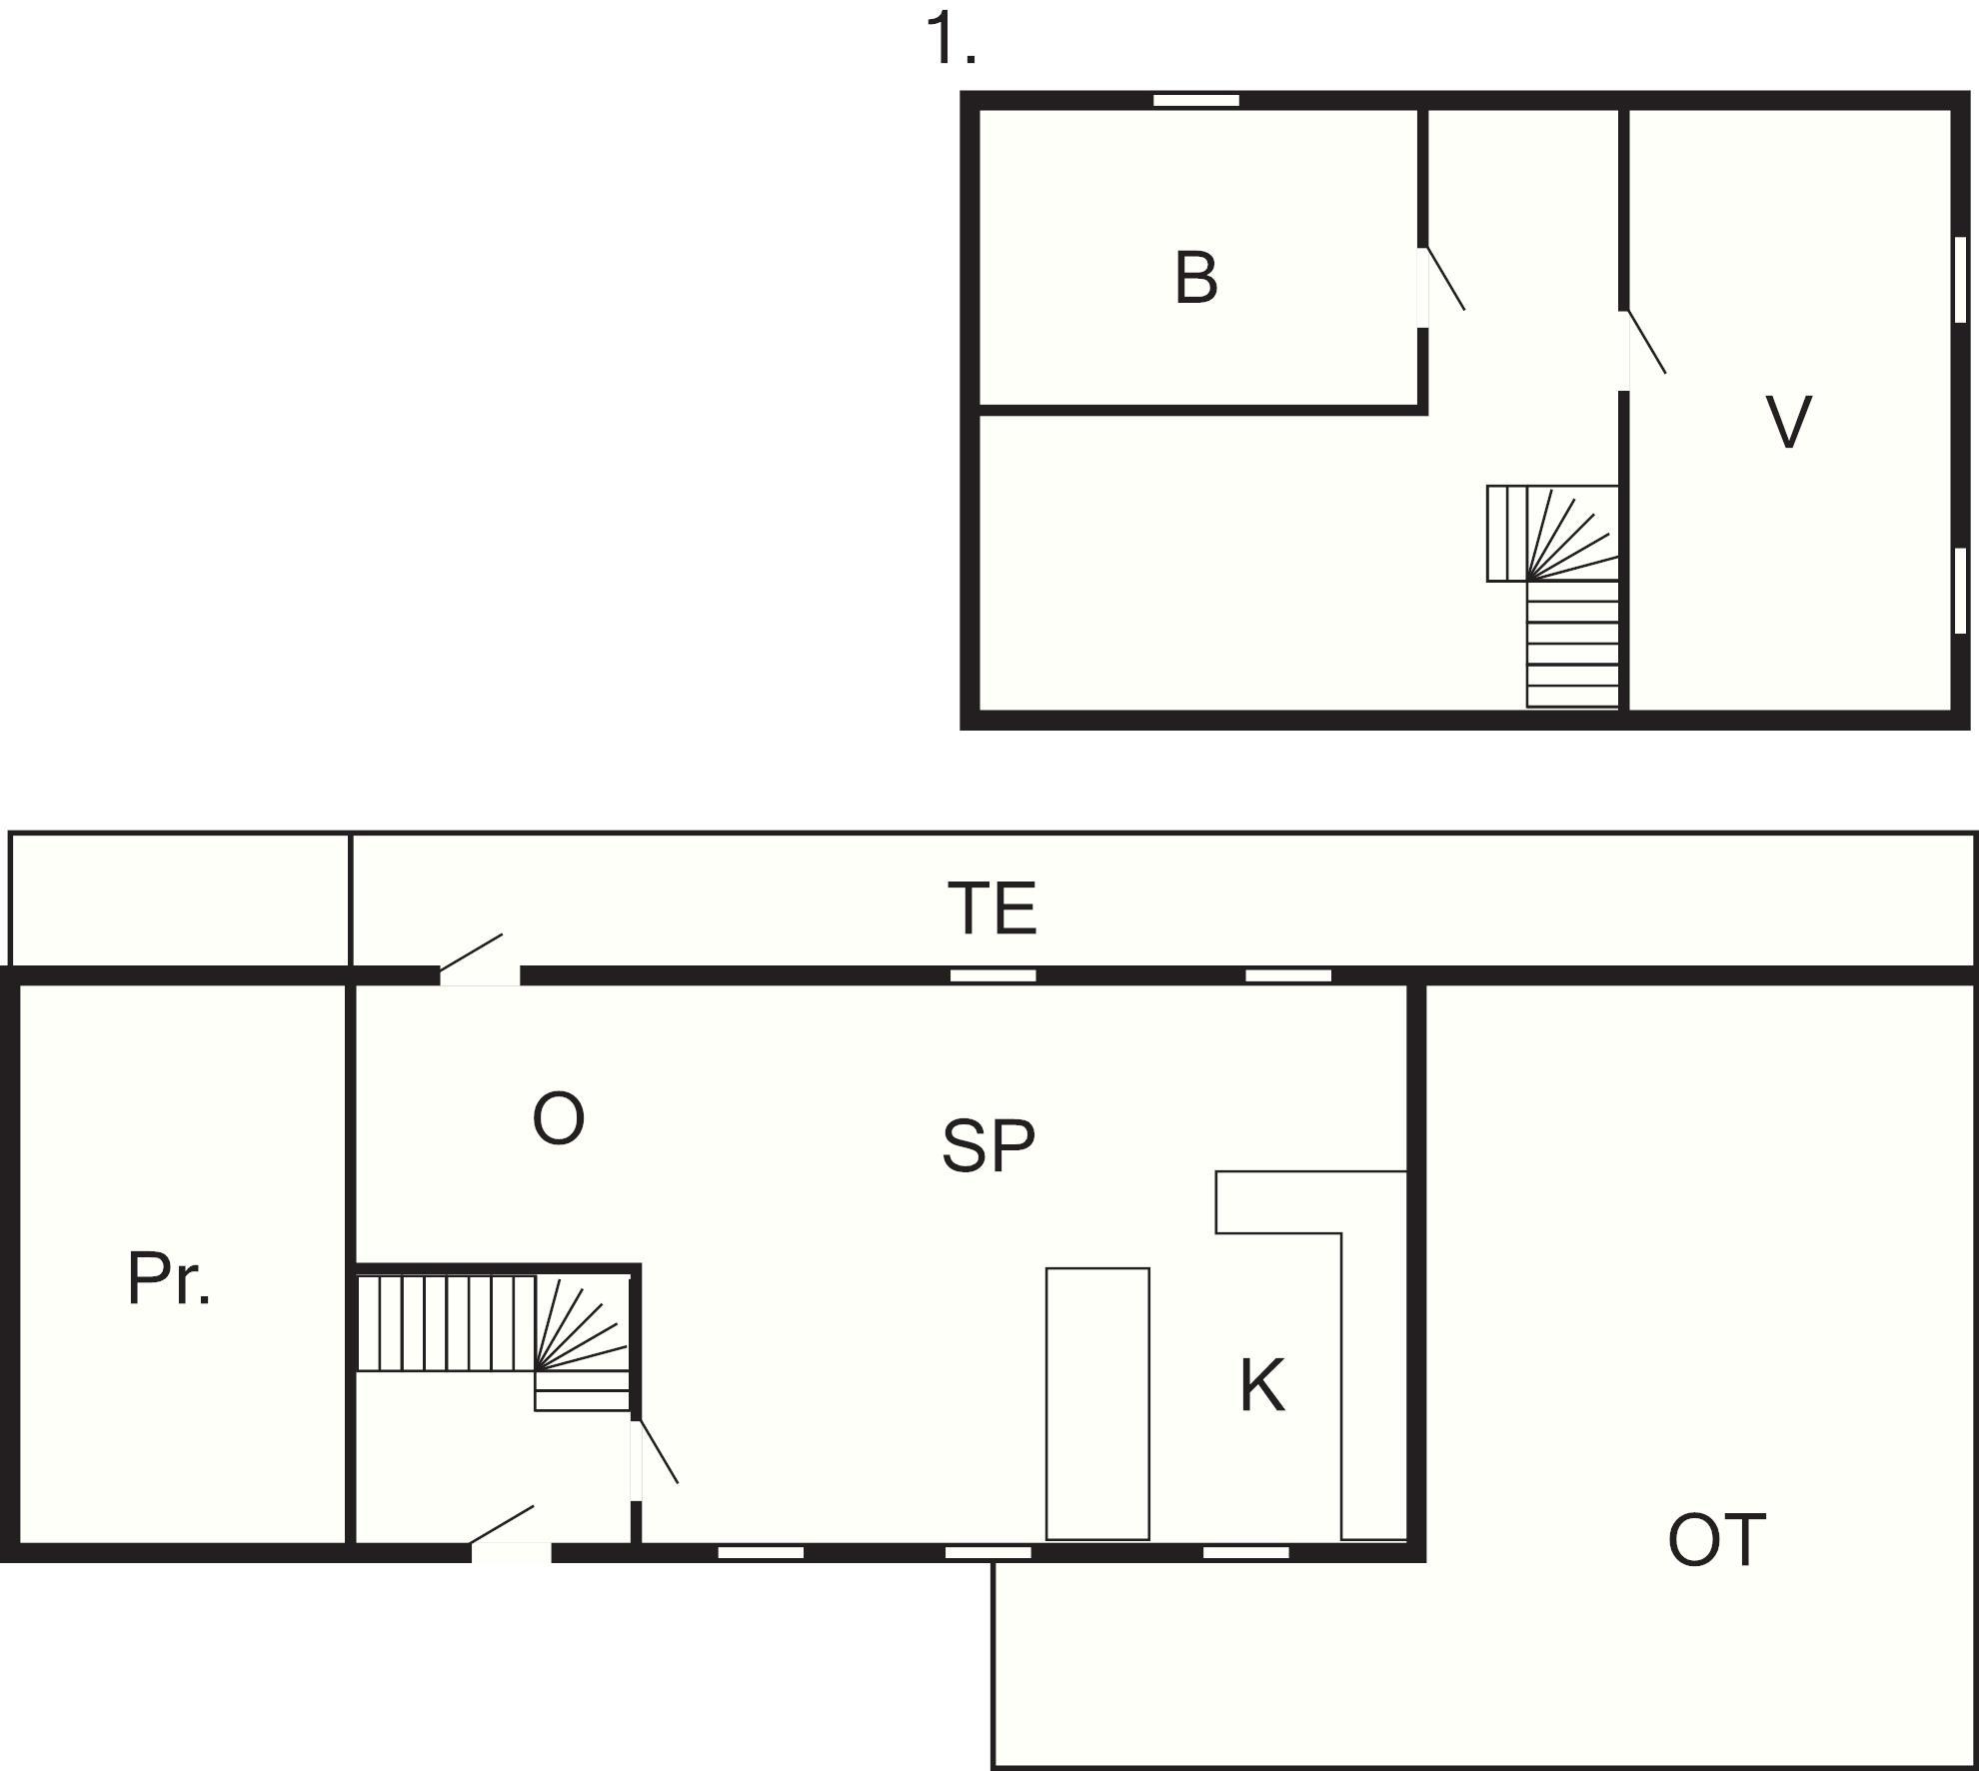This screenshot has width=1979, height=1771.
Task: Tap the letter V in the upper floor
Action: [x=1788, y=421]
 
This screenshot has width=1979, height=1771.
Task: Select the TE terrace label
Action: [x=992, y=907]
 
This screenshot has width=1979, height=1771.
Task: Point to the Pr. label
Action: [x=169, y=1278]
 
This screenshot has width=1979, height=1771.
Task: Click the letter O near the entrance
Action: [x=558, y=1119]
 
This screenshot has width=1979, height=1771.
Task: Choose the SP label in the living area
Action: [x=989, y=1146]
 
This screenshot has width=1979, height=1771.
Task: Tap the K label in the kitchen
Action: [x=1261, y=1385]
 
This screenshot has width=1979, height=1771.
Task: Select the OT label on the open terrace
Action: [x=1716, y=1540]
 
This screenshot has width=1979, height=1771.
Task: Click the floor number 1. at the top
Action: [x=951, y=40]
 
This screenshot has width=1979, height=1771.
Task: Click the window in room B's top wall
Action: [x=1196, y=100]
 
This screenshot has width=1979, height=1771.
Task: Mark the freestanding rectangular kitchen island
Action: [x=1097, y=1403]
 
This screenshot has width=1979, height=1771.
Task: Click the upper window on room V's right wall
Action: [x=1960, y=280]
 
